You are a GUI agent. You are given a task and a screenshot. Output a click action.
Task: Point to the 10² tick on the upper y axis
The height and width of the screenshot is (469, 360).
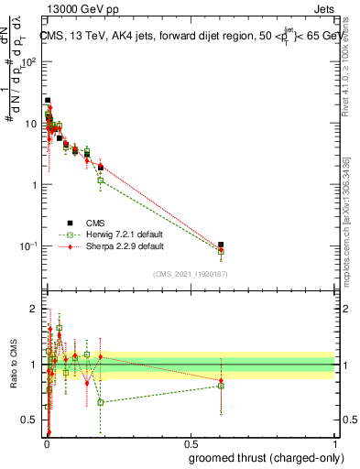click(29, 61)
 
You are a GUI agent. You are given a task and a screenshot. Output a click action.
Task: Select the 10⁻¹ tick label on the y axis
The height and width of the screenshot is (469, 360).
click(29, 246)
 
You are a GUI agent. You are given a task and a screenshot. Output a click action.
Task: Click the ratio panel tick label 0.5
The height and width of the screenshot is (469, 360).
click(31, 420)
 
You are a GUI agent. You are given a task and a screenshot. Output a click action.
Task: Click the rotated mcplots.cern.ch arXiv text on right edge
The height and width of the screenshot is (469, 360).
click(352, 220)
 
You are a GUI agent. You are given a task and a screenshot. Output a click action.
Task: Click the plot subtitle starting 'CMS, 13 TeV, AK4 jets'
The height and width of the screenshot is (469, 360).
click(190, 37)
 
